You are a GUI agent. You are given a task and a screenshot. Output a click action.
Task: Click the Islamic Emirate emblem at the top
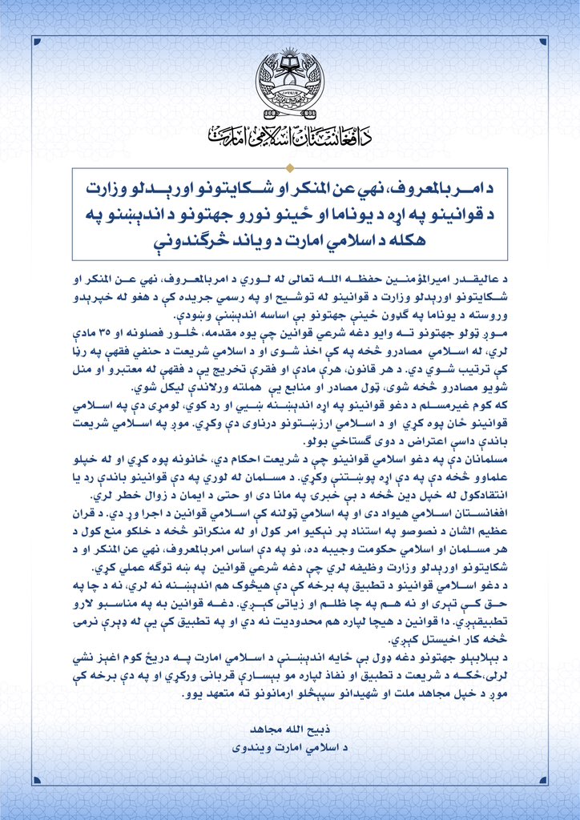tap(289, 81)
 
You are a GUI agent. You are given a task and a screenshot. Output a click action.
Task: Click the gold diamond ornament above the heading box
tap(289, 167)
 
